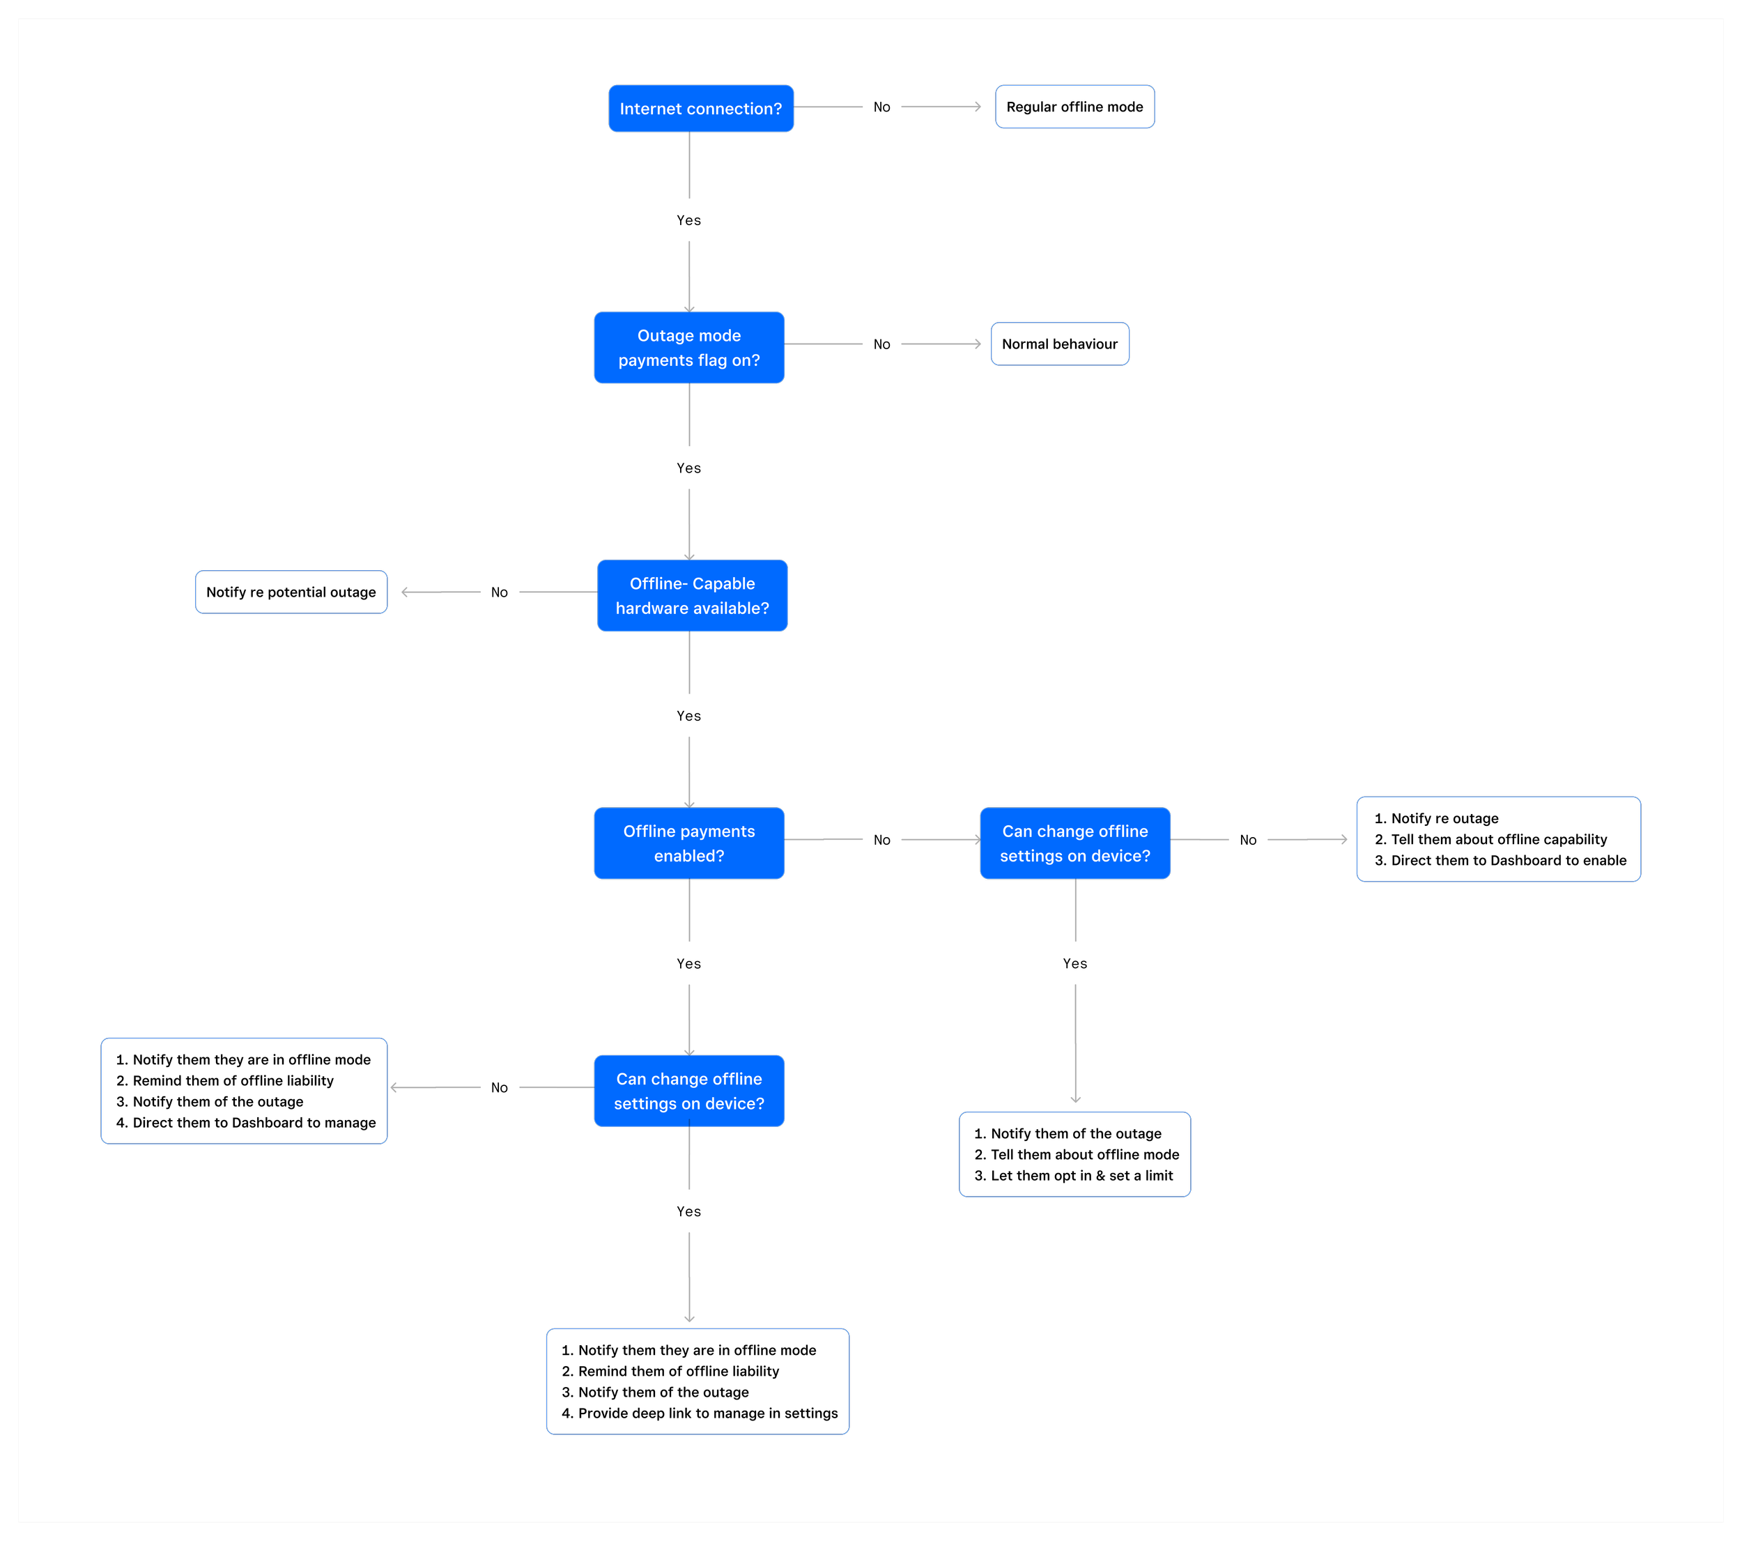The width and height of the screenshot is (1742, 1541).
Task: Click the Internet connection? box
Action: (x=700, y=108)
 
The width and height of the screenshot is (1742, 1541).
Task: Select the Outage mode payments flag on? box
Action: (x=688, y=348)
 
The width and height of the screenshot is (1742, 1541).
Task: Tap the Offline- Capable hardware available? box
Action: (x=692, y=596)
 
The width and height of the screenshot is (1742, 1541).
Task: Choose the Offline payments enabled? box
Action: (x=688, y=843)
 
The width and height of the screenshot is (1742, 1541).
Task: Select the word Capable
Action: (x=723, y=584)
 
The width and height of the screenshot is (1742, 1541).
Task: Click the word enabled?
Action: (x=688, y=856)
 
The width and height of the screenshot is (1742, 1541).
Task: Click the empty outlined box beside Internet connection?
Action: (x=1074, y=107)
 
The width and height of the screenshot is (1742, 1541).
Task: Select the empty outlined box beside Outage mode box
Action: (x=1059, y=344)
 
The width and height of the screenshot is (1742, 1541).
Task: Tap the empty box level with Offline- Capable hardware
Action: (x=291, y=592)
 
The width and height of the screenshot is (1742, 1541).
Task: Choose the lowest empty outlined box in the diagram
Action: (x=697, y=1381)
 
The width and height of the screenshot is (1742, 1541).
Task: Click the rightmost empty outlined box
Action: (x=1498, y=838)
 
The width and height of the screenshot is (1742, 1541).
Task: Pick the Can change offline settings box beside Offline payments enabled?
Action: (x=1074, y=843)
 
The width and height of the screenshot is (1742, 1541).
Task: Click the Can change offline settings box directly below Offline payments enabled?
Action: (x=688, y=1091)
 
